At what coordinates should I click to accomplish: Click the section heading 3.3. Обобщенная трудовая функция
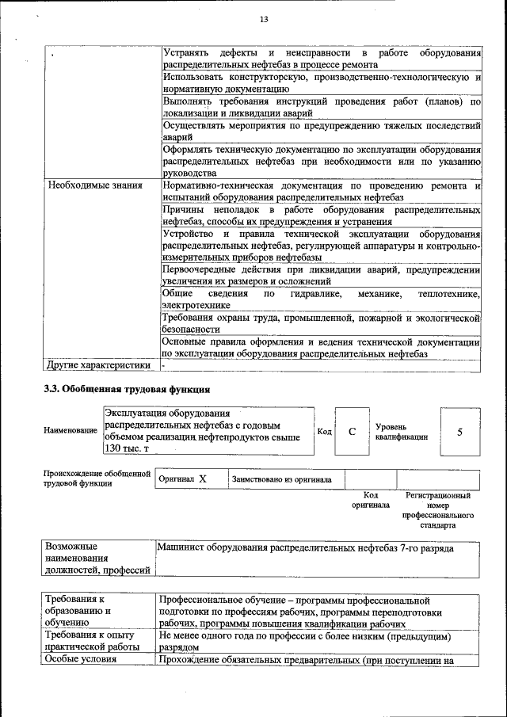(x=127, y=389)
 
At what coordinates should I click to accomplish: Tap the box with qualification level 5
(x=459, y=432)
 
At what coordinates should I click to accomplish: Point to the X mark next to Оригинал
(x=203, y=479)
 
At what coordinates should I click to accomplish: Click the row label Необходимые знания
(x=95, y=185)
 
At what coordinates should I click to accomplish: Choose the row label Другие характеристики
(x=99, y=365)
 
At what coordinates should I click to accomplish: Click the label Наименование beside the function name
(x=70, y=430)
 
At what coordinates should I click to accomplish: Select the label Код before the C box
(x=324, y=431)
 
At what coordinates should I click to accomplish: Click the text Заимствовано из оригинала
(x=281, y=479)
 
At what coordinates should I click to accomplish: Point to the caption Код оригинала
(x=371, y=500)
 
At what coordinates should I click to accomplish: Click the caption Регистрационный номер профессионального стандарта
(x=438, y=510)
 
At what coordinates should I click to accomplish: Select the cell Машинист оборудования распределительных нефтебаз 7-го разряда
(x=306, y=547)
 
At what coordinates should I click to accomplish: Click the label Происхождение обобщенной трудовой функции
(x=97, y=479)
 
